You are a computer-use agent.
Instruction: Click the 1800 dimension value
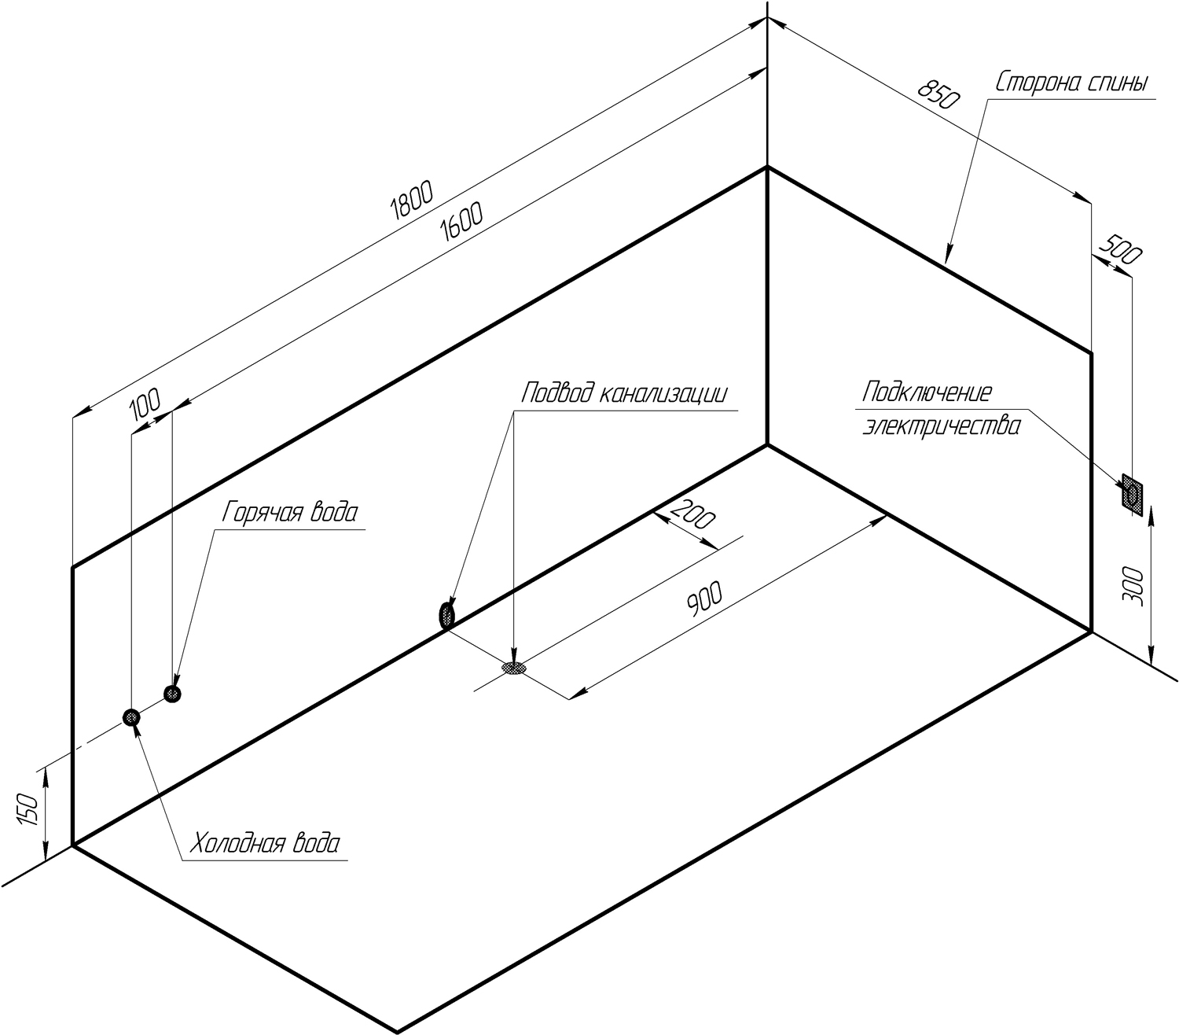point(411,200)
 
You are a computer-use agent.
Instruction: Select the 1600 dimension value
point(461,221)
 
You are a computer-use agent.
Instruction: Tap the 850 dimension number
point(938,94)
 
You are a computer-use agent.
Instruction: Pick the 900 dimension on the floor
point(704,599)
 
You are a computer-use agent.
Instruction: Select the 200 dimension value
point(693,514)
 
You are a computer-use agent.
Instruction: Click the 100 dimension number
point(145,403)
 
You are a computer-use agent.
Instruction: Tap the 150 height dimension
point(28,809)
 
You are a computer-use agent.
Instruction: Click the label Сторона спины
point(1071,83)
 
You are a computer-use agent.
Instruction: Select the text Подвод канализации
point(624,392)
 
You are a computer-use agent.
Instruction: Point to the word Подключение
point(927,392)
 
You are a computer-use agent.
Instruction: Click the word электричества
point(941,425)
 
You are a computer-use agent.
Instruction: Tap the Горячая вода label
point(290,512)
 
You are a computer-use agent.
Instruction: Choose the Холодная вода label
point(266,843)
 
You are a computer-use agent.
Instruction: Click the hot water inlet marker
point(172,694)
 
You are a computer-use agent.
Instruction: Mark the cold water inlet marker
point(131,717)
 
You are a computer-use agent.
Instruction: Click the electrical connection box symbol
point(1133,495)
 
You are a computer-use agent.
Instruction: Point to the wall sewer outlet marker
point(446,614)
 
